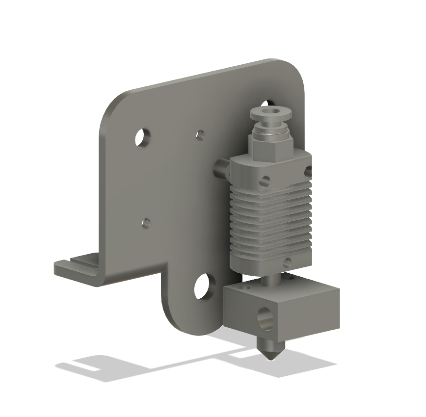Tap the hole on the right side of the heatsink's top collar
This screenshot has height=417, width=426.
308,171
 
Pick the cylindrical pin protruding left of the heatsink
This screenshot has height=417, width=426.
222,169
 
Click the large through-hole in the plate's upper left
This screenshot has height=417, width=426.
143,138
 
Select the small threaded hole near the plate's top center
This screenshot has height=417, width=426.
200,134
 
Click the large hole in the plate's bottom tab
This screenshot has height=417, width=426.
203,287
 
